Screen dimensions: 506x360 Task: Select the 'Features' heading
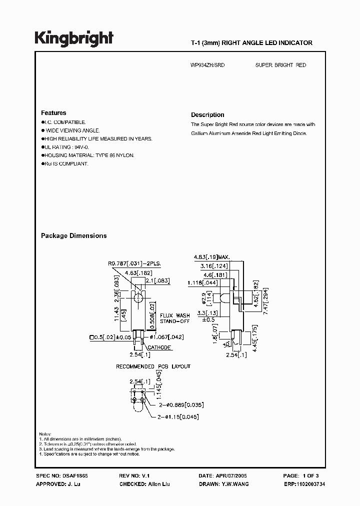pyautogui.click(x=53, y=113)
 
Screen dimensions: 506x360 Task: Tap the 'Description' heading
pyautogui.click(x=207, y=115)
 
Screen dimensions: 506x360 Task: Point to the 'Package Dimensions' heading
pyautogui.click(x=73, y=235)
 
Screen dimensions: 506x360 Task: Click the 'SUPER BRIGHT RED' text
pyautogui.click(x=280, y=65)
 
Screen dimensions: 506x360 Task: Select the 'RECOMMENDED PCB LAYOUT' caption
pyautogui.click(x=153, y=366)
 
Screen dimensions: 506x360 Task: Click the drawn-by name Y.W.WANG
pyautogui.click(x=235, y=484)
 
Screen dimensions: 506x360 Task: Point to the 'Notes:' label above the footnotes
pyautogui.click(x=45, y=433)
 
